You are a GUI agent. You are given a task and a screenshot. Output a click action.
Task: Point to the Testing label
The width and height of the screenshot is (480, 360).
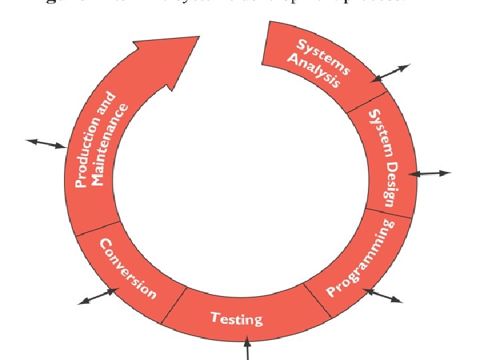click(237, 319)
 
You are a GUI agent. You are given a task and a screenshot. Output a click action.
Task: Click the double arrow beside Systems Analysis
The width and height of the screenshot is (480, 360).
click(391, 73)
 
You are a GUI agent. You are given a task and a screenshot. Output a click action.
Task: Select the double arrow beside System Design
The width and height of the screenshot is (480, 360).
click(429, 173)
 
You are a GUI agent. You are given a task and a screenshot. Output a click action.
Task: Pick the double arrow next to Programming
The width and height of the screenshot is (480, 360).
click(383, 295)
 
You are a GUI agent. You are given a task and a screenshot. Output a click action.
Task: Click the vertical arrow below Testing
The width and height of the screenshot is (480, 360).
click(247, 349)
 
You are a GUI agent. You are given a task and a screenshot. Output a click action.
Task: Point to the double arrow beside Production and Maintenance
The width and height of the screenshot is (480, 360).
click(45, 143)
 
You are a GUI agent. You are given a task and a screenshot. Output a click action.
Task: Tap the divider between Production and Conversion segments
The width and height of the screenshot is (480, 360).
click(98, 227)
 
